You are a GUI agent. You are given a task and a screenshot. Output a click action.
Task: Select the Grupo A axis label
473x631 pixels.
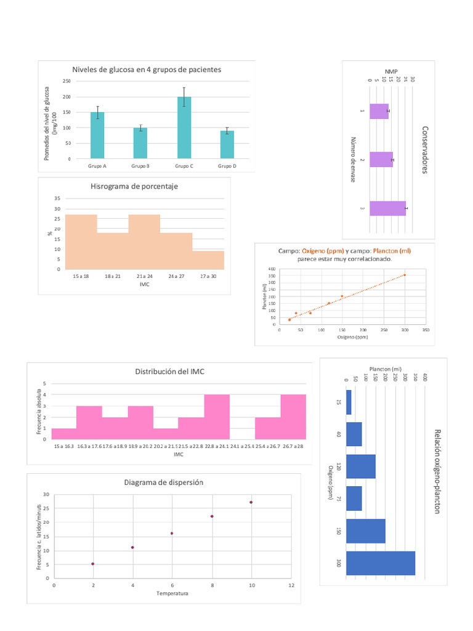pyautogui.click(x=97, y=166)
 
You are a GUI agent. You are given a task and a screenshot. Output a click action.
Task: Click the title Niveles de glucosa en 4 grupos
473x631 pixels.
pyautogui.click(x=147, y=70)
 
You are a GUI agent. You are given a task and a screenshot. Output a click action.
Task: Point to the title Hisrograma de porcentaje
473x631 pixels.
pyautogui.click(x=134, y=186)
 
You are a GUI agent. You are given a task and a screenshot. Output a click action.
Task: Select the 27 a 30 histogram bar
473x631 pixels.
pyautogui.click(x=208, y=260)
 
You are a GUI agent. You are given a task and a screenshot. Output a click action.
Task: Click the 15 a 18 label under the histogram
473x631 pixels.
pyautogui.click(x=81, y=277)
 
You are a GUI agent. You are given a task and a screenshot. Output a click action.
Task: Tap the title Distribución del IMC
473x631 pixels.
pyautogui.click(x=170, y=372)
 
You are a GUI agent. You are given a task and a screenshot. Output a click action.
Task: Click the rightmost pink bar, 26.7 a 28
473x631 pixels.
pyautogui.click(x=293, y=417)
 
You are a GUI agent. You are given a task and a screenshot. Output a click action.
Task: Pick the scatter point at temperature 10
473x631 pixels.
pyautogui.click(x=251, y=502)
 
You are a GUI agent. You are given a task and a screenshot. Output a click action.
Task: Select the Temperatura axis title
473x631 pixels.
pyautogui.click(x=172, y=593)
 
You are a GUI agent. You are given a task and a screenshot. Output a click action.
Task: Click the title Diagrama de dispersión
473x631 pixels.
pyautogui.click(x=163, y=482)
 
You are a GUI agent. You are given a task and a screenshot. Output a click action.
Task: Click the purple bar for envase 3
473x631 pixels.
pyautogui.click(x=387, y=209)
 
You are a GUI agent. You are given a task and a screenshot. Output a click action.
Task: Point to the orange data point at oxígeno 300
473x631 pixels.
pyautogui.click(x=405, y=275)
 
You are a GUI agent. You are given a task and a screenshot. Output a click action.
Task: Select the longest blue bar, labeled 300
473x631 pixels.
pyautogui.click(x=381, y=563)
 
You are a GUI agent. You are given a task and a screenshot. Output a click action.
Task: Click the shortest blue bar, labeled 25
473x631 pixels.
pyautogui.click(x=349, y=402)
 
